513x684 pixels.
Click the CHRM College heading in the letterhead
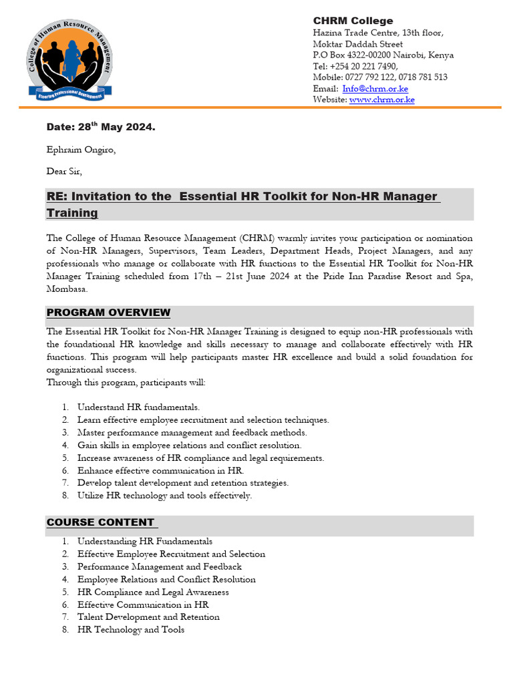(353, 21)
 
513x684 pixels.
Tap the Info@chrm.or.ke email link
(375, 89)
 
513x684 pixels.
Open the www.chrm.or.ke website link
(381, 100)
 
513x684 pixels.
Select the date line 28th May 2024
(100, 127)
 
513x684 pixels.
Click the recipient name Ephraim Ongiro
(80, 150)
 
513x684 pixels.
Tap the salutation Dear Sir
(64, 172)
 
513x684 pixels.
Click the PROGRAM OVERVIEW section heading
(108, 313)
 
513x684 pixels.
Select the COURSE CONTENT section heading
(100, 522)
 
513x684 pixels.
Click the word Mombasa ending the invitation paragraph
(66, 289)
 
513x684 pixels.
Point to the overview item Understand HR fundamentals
(138, 407)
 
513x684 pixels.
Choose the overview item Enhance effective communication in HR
(160, 470)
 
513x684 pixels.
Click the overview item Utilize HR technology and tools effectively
(164, 496)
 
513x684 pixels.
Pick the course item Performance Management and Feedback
(159, 566)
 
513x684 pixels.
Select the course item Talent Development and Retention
(148, 617)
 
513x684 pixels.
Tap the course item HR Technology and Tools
(131, 629)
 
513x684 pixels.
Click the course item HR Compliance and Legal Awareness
(153, 592)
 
